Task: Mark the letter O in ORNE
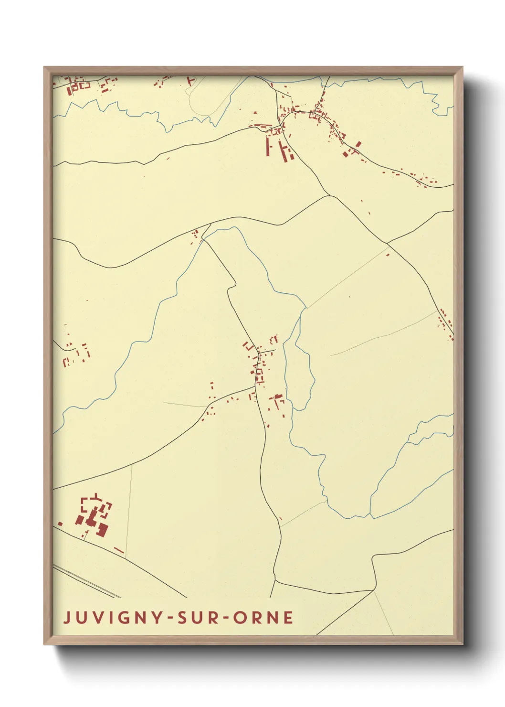(239, 618)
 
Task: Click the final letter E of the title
(288, 618)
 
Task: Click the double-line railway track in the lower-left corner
(86, 581)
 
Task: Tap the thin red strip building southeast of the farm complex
(119, 551)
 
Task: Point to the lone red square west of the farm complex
(60, 524)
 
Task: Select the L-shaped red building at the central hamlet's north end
(247, 345)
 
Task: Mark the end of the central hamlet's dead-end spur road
(275, 351)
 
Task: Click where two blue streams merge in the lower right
(370, 514)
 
